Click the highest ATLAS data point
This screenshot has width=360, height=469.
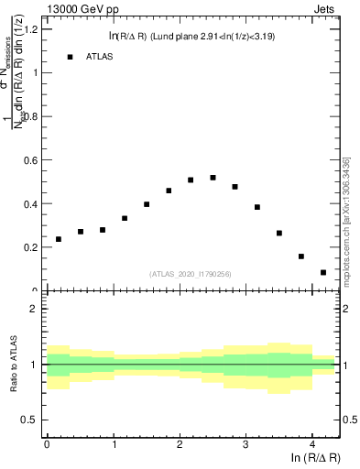213,178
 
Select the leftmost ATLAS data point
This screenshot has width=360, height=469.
59,239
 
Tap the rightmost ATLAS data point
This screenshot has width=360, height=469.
323,272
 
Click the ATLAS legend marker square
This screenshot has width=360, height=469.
70,57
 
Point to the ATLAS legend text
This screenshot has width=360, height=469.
100,57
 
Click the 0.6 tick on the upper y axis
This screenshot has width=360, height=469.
29,159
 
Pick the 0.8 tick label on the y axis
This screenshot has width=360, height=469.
29,116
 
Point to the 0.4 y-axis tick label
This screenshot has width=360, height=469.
29,203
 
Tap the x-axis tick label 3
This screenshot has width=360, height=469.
245,446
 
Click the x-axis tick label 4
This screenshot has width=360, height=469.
312,446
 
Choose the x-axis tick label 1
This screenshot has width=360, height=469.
114,446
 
